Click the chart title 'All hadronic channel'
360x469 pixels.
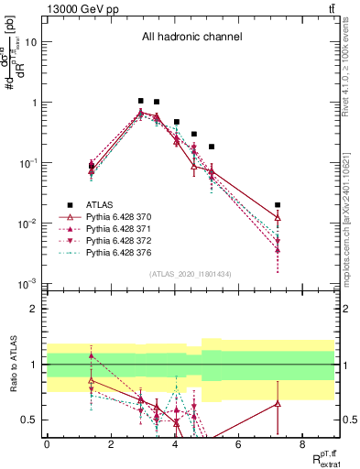191,38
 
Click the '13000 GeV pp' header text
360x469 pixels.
76,7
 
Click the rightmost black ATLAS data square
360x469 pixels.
278,205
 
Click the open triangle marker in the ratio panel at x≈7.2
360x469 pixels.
278,403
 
